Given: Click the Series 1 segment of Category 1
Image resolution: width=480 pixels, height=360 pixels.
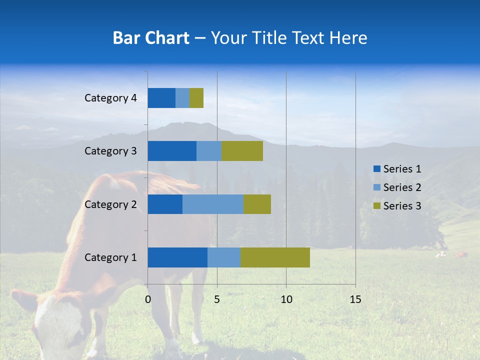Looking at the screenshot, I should coord(177,257).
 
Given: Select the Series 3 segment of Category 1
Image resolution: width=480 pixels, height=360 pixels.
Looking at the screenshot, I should coord(275,257).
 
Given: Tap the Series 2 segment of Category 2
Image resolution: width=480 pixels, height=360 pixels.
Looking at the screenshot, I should coord(213,204).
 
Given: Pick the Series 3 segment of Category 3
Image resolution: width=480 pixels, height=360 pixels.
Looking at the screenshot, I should coord(242,151).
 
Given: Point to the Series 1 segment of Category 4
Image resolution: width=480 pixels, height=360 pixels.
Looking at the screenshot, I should coord(161,98).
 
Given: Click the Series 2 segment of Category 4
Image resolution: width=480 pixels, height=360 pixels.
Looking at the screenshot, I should coord(182,98).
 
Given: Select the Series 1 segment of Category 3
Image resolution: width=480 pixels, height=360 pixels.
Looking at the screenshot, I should coord(172,151).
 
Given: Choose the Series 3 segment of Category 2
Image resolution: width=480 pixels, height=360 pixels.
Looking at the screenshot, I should coord(257,204).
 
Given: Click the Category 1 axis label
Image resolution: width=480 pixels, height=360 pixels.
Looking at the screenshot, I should coord(110,257).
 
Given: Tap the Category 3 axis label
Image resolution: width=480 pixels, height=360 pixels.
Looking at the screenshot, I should coord(110,151).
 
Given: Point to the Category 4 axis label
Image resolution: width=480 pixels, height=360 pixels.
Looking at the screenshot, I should coord(110,98).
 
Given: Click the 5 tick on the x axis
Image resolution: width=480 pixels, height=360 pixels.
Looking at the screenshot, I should coord(217,299).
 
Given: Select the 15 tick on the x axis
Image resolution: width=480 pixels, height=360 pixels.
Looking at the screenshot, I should coord(355,299).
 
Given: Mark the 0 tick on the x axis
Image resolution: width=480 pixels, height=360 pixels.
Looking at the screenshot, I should coord(148,299).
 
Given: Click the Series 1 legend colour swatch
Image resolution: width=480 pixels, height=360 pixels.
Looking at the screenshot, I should coord(377,169).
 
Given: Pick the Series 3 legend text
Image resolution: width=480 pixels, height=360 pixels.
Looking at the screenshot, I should coord(402,206).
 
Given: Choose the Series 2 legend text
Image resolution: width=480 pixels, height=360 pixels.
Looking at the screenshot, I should coord(402,187).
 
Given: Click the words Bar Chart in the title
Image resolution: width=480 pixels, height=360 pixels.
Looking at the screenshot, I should coord(150,38).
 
